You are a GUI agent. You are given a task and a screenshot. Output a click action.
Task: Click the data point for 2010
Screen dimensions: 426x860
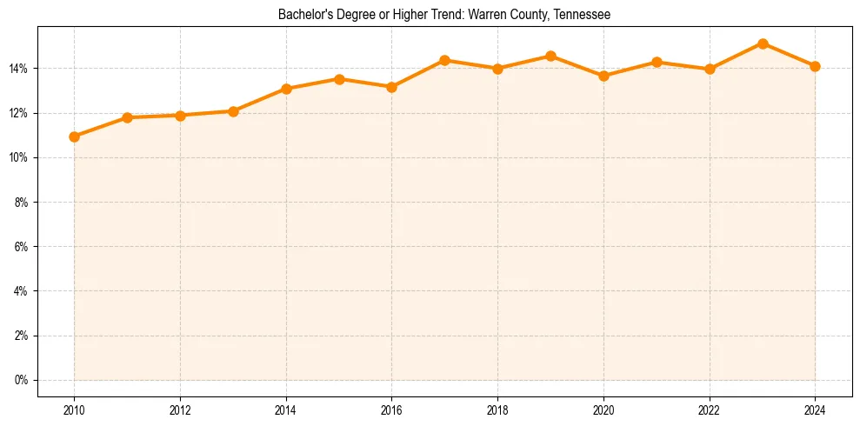(74, 136)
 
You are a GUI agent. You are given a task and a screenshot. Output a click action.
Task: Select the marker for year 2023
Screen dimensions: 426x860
(763, 43)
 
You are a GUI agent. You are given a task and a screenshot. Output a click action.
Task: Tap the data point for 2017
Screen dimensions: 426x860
(444, 60)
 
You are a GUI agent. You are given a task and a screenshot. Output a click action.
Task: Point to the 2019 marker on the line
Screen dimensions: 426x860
(550, 56)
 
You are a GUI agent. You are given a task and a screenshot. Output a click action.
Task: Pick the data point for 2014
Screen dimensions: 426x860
(286, 89)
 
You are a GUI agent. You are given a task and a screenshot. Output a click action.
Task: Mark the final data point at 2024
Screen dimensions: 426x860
(815, 66)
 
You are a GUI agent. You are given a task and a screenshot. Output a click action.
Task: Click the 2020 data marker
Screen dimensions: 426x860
(603, 76)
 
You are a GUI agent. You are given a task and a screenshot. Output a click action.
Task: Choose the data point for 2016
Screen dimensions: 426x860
(391, 87)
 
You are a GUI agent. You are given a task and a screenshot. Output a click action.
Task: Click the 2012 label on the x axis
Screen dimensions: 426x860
(180, 409)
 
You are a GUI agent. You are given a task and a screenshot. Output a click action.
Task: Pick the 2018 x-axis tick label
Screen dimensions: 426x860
(497, 409)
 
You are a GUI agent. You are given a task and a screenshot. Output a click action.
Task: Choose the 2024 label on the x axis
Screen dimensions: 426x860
(815, 409)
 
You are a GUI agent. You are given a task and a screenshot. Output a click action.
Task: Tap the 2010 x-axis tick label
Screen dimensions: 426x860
(74, 409)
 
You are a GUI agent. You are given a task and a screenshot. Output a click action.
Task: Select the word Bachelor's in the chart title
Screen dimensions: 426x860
(301, 15)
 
